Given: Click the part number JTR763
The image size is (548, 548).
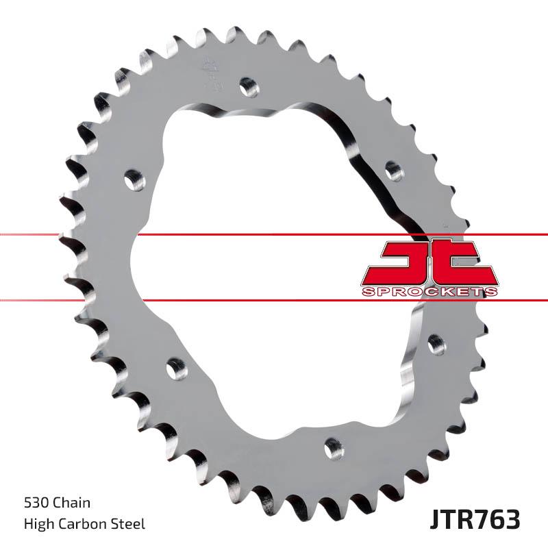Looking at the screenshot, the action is point(475,519).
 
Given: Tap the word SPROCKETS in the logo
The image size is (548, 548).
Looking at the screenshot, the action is point(430,292).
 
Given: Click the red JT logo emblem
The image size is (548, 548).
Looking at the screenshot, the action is point(430,264).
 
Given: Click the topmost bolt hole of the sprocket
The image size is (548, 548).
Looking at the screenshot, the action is point(249,86).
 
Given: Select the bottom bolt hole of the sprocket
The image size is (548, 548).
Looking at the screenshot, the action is point(334,449).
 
